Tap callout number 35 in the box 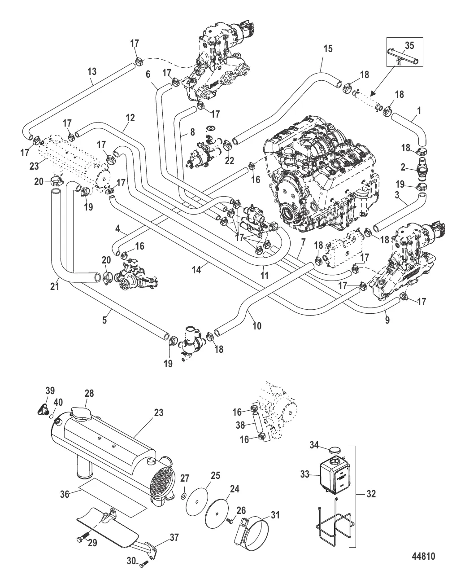[409, 45]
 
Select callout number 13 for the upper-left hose [91, 71]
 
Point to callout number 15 [328, 49]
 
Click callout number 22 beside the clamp [229, 161]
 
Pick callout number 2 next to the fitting [403, 167]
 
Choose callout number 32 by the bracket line [370, 494]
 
